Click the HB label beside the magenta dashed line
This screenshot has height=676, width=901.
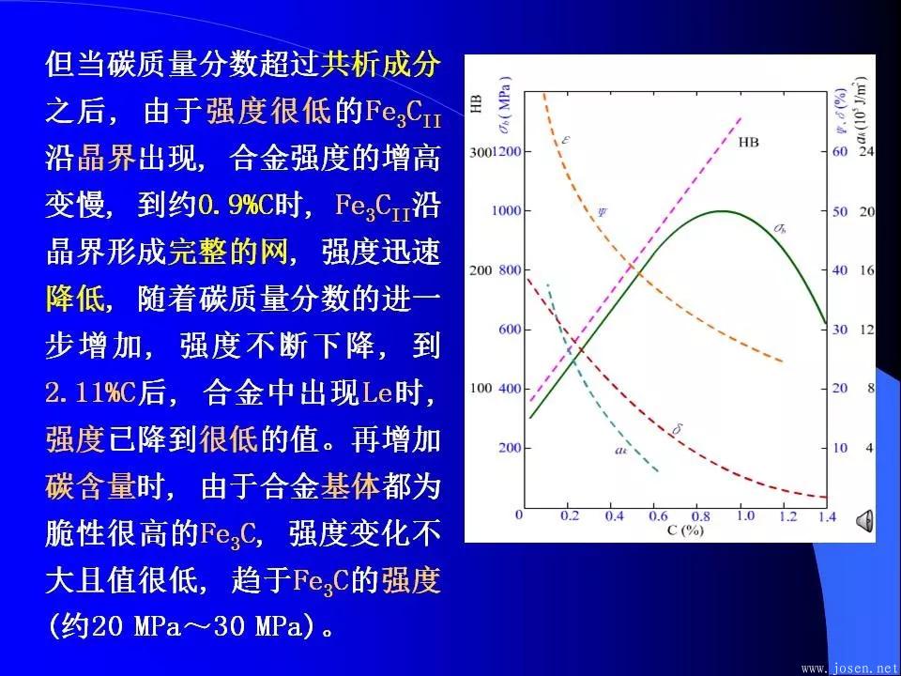pyautogui.click(x=750, y=143)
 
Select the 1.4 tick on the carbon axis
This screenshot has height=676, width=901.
pyautogui.click(x=827, y=516)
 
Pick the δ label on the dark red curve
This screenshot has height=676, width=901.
pyautogui.click(x=678, y=430)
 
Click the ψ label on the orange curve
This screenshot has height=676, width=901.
pyautogui.click(x=603, y=209)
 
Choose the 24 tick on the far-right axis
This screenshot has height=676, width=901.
pyautogui.click(x=868, y=151)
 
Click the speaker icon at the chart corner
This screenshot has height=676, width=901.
pyautogui.click(x=865, y=518)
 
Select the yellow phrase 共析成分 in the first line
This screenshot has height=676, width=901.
pyautogui.click(x=380, y=65)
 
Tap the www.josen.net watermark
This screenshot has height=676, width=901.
pyautogui.click(x=849, y=668)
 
